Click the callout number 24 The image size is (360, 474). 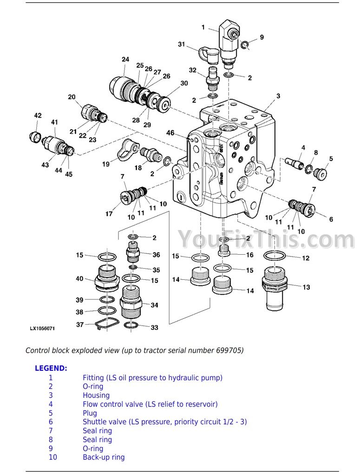pos(125,59)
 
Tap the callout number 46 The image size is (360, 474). pos(170,133)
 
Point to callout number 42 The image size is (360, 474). pos(38,115)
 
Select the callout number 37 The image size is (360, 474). pos(80,324)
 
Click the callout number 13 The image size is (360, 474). pos(306,287)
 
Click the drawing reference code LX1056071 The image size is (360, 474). pos(42,329)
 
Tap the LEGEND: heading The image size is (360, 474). pos(51,368)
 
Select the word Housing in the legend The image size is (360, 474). pos(96,395)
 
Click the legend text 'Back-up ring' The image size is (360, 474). pos(104,457)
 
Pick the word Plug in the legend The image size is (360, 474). pos(90,413)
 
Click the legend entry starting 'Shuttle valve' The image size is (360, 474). pos(165,421)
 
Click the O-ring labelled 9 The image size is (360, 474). pos(245,45)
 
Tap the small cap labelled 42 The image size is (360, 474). pos(35,137)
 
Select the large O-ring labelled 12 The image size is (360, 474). pos(275,256)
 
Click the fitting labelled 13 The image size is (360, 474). pos(275,288)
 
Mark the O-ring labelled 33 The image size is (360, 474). pos(131,325)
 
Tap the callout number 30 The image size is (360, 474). pos(184,83)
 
